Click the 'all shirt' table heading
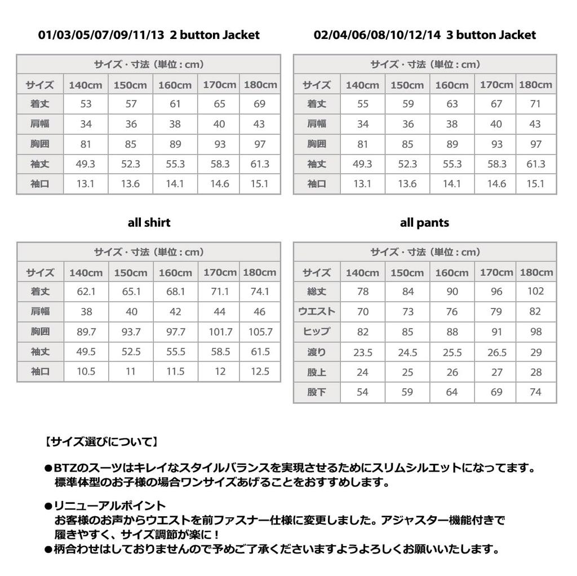pyautogui.click(x=149, y=222)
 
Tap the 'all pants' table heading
pyautogui.click(x=424, y=222)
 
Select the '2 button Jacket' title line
pyautogui.click(x=149, y=35)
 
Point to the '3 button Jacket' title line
pyautogui.click(x=424, y=35)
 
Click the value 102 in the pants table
pyautogui.click(x=535, y=292)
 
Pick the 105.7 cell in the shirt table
pyautogui.click(x=260, y=332)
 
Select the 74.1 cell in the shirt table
pyautogui.click(x=260, y=292)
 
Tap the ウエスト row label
pyautogui.click(x=316, y=311)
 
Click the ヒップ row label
pyautogui.click(x=316, y=332)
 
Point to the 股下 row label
pyautogui.click(x=316, y=392)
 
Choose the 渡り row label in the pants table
pyautogui.click(x=316, y=352)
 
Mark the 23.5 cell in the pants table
pyautogui.click(x=362, y=353)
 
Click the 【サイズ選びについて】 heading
pyautogui.click(x=101, y=442)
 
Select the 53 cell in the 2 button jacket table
pyautogui.click(x=86, y=104)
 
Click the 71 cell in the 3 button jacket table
pyautogui.click(x=535, y=104)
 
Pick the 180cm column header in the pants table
pyautogui.click(x=536, y=272)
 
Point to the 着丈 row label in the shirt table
pyautogui.click(x=40, y=292)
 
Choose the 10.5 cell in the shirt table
pyautogui.click(x=86, y=372)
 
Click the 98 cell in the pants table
pyautogui.click(x=535, y=332)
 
